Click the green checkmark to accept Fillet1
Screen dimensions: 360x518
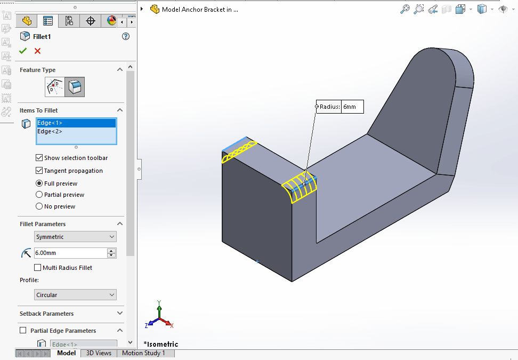pyautogui.click(x=23, y=51)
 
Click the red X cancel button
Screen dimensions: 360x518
pyautogui.click(x=37, y=51)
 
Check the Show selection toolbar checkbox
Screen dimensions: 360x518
pyautogui.click(x=39, y=158)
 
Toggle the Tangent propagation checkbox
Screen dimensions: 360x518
pyautogui.click(x=39, y=171)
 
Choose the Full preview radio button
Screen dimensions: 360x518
pyautogui.click(x=39, y=183)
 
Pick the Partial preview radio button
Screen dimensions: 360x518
pyautogui.click(x=39, y=195)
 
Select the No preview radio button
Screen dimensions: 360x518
pyautogui.click(x=39, y=206)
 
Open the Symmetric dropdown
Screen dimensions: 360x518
pyautogui.click(x=75, y=237)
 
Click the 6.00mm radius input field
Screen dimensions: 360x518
pyautogui.click(x=69, y=253)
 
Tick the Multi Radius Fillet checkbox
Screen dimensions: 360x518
pyautogui.click(x=38, y=268)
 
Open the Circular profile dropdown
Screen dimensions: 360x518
pyautogui.click(x=75, y=295)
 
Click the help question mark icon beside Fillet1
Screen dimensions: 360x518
pyautogui.click(x=126, y=36)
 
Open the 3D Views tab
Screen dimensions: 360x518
pyautogui.click(x=99, y=353)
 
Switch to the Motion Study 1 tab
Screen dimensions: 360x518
pyautogui.click(x=143, y=353)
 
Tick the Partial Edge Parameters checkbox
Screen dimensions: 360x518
pyautogui.click(x=23, y=331)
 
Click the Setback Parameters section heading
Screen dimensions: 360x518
pyautogui.click(x=47, y=314)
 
